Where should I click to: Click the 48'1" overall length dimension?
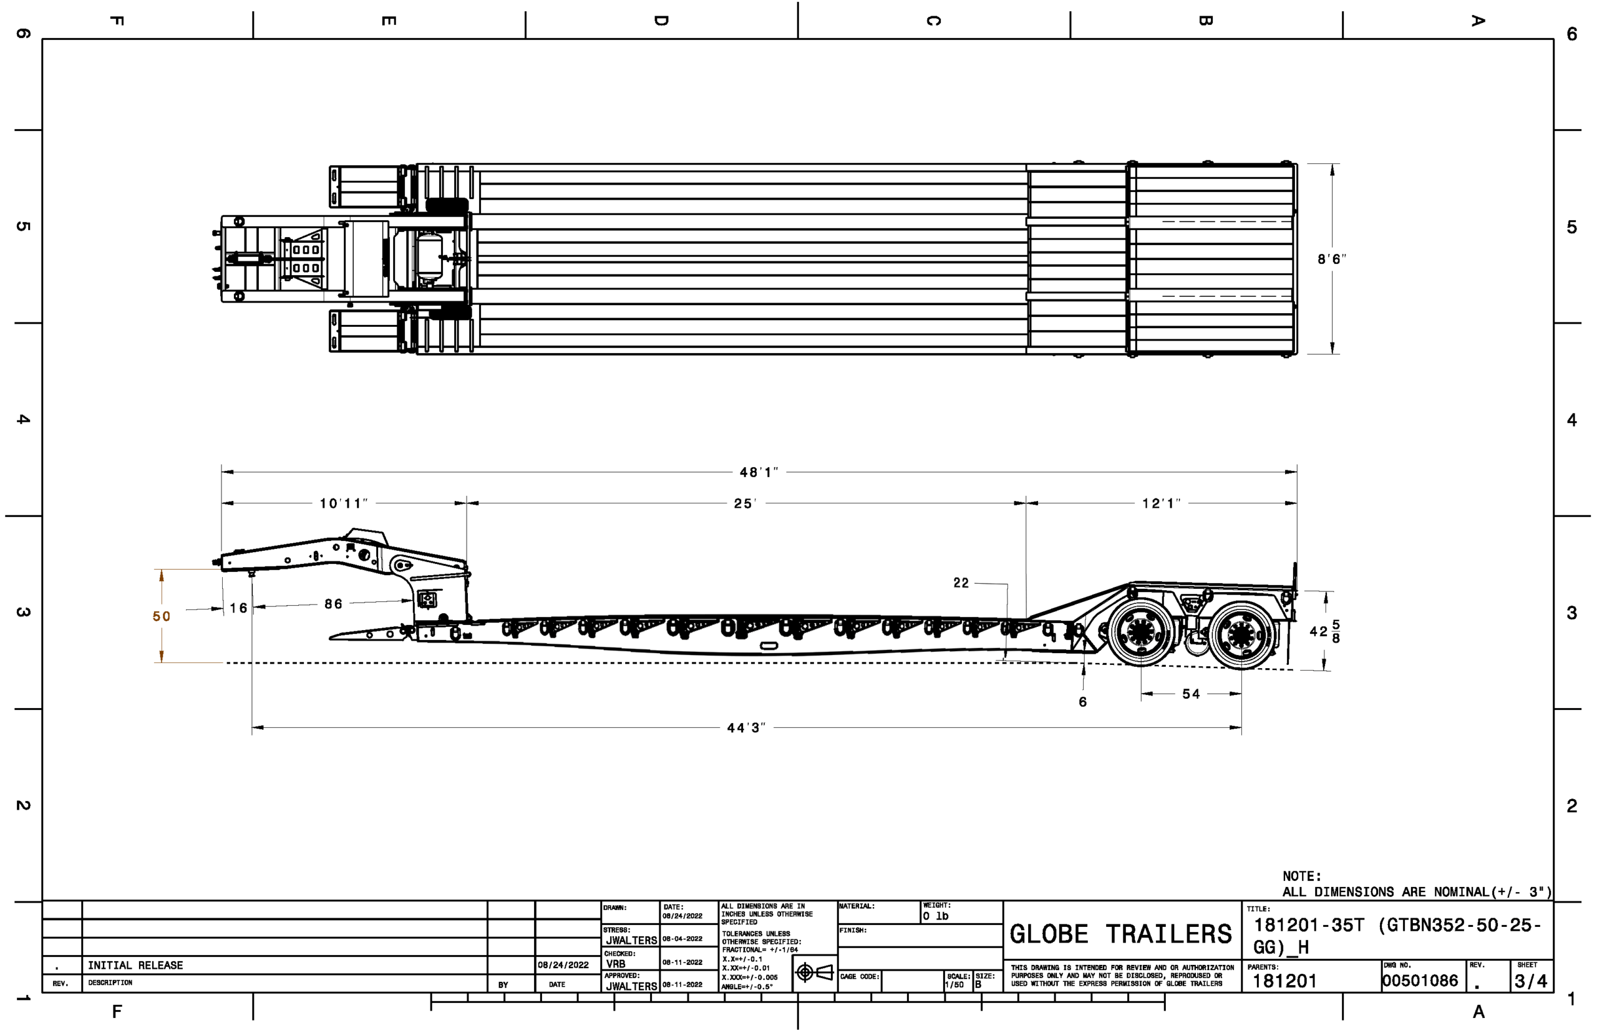[x=758, y=472]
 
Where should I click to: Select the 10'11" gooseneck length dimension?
[x=342, y=503]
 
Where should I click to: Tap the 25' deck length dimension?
[x=744, y=503]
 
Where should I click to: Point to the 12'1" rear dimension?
[x=1161, y=503]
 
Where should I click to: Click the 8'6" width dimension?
[x=1331, y=259]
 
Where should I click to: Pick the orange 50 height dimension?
[x=161, y=616]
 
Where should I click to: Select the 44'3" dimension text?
[x=745, y=728]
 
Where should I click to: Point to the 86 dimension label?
[x=333, y=604]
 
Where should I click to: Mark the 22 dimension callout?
[x=961, y=583]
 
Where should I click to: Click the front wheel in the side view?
[x=1140, y=633]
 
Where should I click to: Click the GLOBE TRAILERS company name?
[x=1120, y=934]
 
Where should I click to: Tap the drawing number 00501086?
[x=1419, y=981]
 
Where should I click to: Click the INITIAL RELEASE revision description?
[x=135, y=965]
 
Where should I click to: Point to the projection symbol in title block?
[x=814, y=972]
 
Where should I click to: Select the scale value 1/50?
[x=954, y=985]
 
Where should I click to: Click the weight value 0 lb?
[x=935, y=916]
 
